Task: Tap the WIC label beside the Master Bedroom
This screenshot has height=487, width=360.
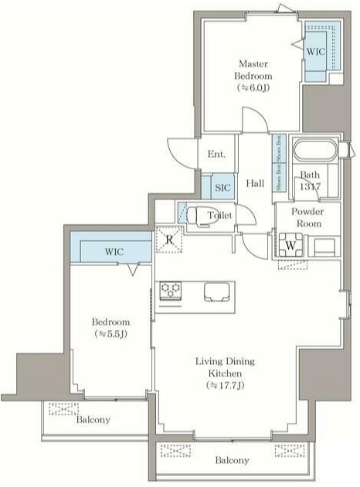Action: [315, 51]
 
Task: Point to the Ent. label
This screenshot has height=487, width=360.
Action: [216, 155]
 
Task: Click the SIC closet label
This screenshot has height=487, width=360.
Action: [222, 188]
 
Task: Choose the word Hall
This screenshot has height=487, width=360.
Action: [255, 184]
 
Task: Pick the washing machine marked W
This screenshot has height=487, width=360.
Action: [290, 245]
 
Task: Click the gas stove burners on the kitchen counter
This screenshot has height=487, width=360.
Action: [171, 291]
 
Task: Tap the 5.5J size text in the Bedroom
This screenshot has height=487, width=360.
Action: [111, 335]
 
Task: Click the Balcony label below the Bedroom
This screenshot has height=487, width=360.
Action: [93, 420]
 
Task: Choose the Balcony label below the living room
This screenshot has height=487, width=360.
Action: [231, 460]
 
